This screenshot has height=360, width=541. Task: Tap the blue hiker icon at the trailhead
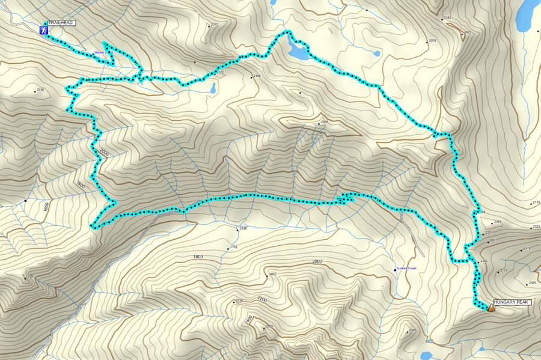pyautogui.click(x=44, y=29)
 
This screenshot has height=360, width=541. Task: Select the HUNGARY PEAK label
pyautogui.click(x=512, y=302)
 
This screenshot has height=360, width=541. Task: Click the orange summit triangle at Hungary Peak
pyautogui.click(x=491, y=308)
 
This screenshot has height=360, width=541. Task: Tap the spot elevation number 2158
pyautogui.click(x=41, y=90)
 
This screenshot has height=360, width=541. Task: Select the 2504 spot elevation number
pyautogui.click(x=324, y=123)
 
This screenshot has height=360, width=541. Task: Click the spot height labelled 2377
pyautogui.click(x=214, y=25)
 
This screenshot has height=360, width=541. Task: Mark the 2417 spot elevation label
pyautogui.click(x=468, y=32)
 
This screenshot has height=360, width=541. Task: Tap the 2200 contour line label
pyautogui.click(x=261, y=299)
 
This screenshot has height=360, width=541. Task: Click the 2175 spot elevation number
pyautogui.click(x=536, y=203)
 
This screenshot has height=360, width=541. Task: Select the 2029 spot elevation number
pyautogui.click(x=532, y=283)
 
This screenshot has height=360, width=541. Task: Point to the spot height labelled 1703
pyautogui.click(x=234, y=247)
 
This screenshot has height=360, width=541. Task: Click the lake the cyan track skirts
pyautogui.click(x=298, y=52)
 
